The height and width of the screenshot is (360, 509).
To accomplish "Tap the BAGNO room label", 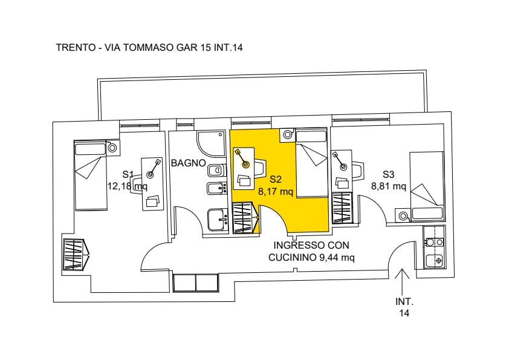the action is (x=188, y=163).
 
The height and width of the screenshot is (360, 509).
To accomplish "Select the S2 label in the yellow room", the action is (x=275, y=179).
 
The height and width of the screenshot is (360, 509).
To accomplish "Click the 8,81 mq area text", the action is (x=388, y=186).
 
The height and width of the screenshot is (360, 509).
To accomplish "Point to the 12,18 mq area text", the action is (x=127, y=186).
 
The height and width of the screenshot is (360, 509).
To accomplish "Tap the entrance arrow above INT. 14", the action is (x=403, y=281).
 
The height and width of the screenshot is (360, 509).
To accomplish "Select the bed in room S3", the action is (x=427, y=186).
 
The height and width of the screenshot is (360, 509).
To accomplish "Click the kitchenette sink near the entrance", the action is (x=435, y=261).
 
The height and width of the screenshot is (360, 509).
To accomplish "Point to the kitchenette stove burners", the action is (x=435, y=242).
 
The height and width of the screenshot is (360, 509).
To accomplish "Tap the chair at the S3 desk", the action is (x=358, y=171).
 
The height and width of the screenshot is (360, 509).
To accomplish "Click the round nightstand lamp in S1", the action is (x=112, y=148).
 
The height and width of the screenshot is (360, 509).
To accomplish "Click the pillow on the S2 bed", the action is (x=311, y=136).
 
